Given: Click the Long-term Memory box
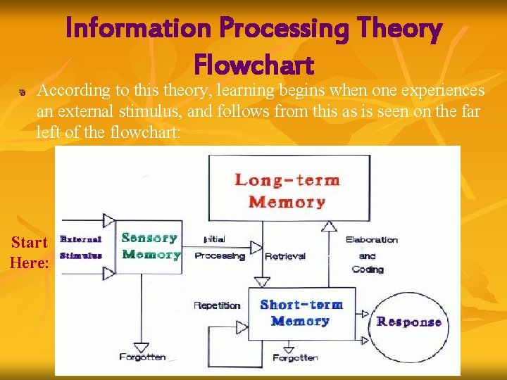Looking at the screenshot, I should pyautogui.click(x=287, y=191).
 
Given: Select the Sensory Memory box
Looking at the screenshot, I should pyautogui.click(x=149, y=246).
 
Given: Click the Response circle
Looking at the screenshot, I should pyautogui.click(x=408, y=322).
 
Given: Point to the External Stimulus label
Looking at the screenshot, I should pyautogui.click(x=81, y=248).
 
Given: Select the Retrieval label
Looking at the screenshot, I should pyautogui.click(x=284, y=256).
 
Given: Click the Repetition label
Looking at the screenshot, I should pyautogui.click(x=217, y=305).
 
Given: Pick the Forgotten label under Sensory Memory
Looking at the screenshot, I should pyautogui.click(x=142, y=357).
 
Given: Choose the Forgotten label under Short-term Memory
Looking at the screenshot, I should pyautogui.click(x=295, y=357).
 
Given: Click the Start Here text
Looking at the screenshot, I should pyautogui.click(x=30, y=253).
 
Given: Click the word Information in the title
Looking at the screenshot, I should pyautogui.click(x=138, y=29).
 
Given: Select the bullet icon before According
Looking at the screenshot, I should pyautogui.click(x=23, y=92).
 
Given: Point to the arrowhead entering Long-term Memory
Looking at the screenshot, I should pyautogui.click(x=328, y=226).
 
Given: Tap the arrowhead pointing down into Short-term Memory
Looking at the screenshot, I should pyautogui.click(x=263, y=281).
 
